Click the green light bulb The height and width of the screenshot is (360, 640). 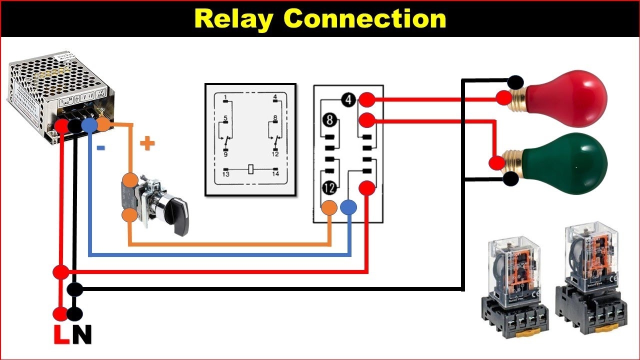(567, 161)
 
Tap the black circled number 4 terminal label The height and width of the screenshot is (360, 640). (349, 100)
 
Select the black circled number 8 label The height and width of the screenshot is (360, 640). (329, 120)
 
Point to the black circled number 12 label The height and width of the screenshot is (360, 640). (329, 188)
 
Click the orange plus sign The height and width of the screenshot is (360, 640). (147, 144)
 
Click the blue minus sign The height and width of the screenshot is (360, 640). (100, 148)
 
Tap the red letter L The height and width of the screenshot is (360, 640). (61, 335)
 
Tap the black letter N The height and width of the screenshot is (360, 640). (81, 335)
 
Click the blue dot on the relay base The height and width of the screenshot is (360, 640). (348, 207)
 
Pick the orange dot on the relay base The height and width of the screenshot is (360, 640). (329, 207)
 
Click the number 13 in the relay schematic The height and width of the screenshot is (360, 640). (226, 174)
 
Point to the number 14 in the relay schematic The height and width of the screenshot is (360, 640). (275, 174)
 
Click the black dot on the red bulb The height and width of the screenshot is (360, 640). (515, 82)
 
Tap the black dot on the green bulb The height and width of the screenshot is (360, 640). (510, 179)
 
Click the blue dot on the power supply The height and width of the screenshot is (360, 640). (88, 125)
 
